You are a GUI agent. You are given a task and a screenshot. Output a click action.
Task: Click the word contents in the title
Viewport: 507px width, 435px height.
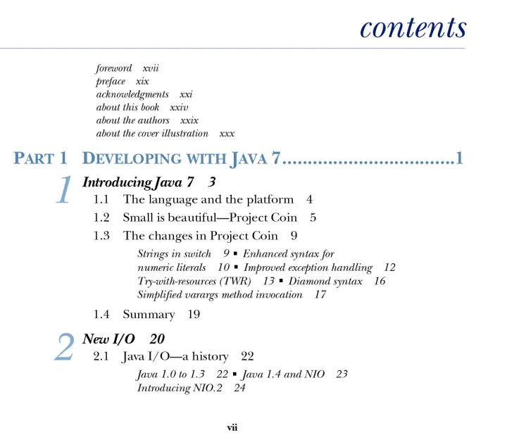(413, 27)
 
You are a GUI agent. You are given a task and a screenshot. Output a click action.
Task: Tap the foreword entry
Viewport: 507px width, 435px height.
(114, 68)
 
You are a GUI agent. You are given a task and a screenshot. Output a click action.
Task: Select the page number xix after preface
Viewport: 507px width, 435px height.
(142, 81)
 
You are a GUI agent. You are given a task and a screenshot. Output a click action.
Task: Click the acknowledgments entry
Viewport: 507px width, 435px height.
(132, 94)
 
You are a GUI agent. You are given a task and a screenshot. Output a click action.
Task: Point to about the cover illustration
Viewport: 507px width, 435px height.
(152, 133)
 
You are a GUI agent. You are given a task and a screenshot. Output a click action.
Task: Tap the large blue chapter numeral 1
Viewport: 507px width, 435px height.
(64, 191)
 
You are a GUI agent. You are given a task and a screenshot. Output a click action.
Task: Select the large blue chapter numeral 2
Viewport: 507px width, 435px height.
(64, 348)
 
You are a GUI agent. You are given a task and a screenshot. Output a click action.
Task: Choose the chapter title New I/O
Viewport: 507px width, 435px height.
(109, 339)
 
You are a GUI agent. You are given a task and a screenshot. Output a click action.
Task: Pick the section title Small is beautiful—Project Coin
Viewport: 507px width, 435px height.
(210, 217)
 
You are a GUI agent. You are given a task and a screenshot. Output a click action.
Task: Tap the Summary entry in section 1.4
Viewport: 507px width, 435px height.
(149, 315)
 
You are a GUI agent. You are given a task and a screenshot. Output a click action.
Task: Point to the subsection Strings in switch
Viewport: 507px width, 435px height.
(174, 254)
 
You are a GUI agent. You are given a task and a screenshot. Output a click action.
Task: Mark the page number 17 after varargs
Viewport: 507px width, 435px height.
(320, 294)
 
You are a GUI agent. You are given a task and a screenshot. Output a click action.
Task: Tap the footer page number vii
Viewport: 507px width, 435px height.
(232, 427)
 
